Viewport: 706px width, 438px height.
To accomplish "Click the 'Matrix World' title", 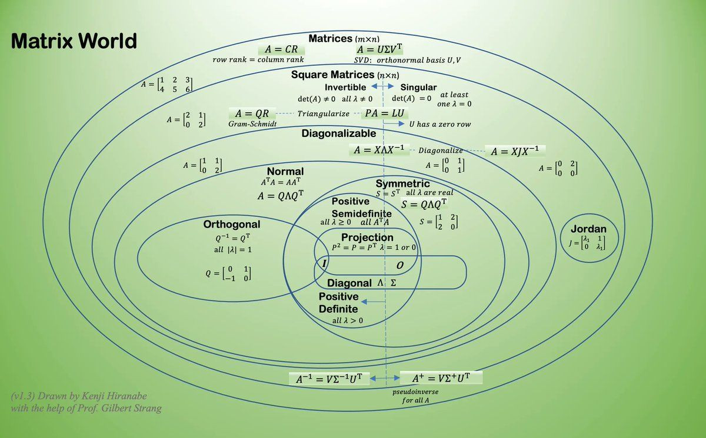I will (74, 41).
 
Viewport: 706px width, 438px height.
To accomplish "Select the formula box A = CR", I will (282, 50).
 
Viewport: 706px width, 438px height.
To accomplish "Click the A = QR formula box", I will (251, 113).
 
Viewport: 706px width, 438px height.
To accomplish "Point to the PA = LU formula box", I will (384, 113).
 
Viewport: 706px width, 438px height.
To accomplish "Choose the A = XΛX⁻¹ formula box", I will (378, 150).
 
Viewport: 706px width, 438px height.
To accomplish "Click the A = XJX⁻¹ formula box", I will (515, 151).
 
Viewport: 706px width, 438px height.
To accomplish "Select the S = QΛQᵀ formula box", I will (424, 205).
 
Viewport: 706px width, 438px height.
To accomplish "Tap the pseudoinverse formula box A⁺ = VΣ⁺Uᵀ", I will (441, 378).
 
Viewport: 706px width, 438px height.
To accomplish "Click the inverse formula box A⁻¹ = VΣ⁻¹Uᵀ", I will (329, 379).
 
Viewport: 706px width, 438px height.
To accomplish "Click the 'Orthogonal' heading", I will (232, 225).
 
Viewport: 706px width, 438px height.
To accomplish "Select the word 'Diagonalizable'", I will (339, 133).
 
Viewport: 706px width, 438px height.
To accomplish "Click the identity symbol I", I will (323, 264).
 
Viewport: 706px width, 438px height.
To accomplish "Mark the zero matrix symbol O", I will (399, 266).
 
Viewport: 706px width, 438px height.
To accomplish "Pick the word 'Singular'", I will (418, 88).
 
